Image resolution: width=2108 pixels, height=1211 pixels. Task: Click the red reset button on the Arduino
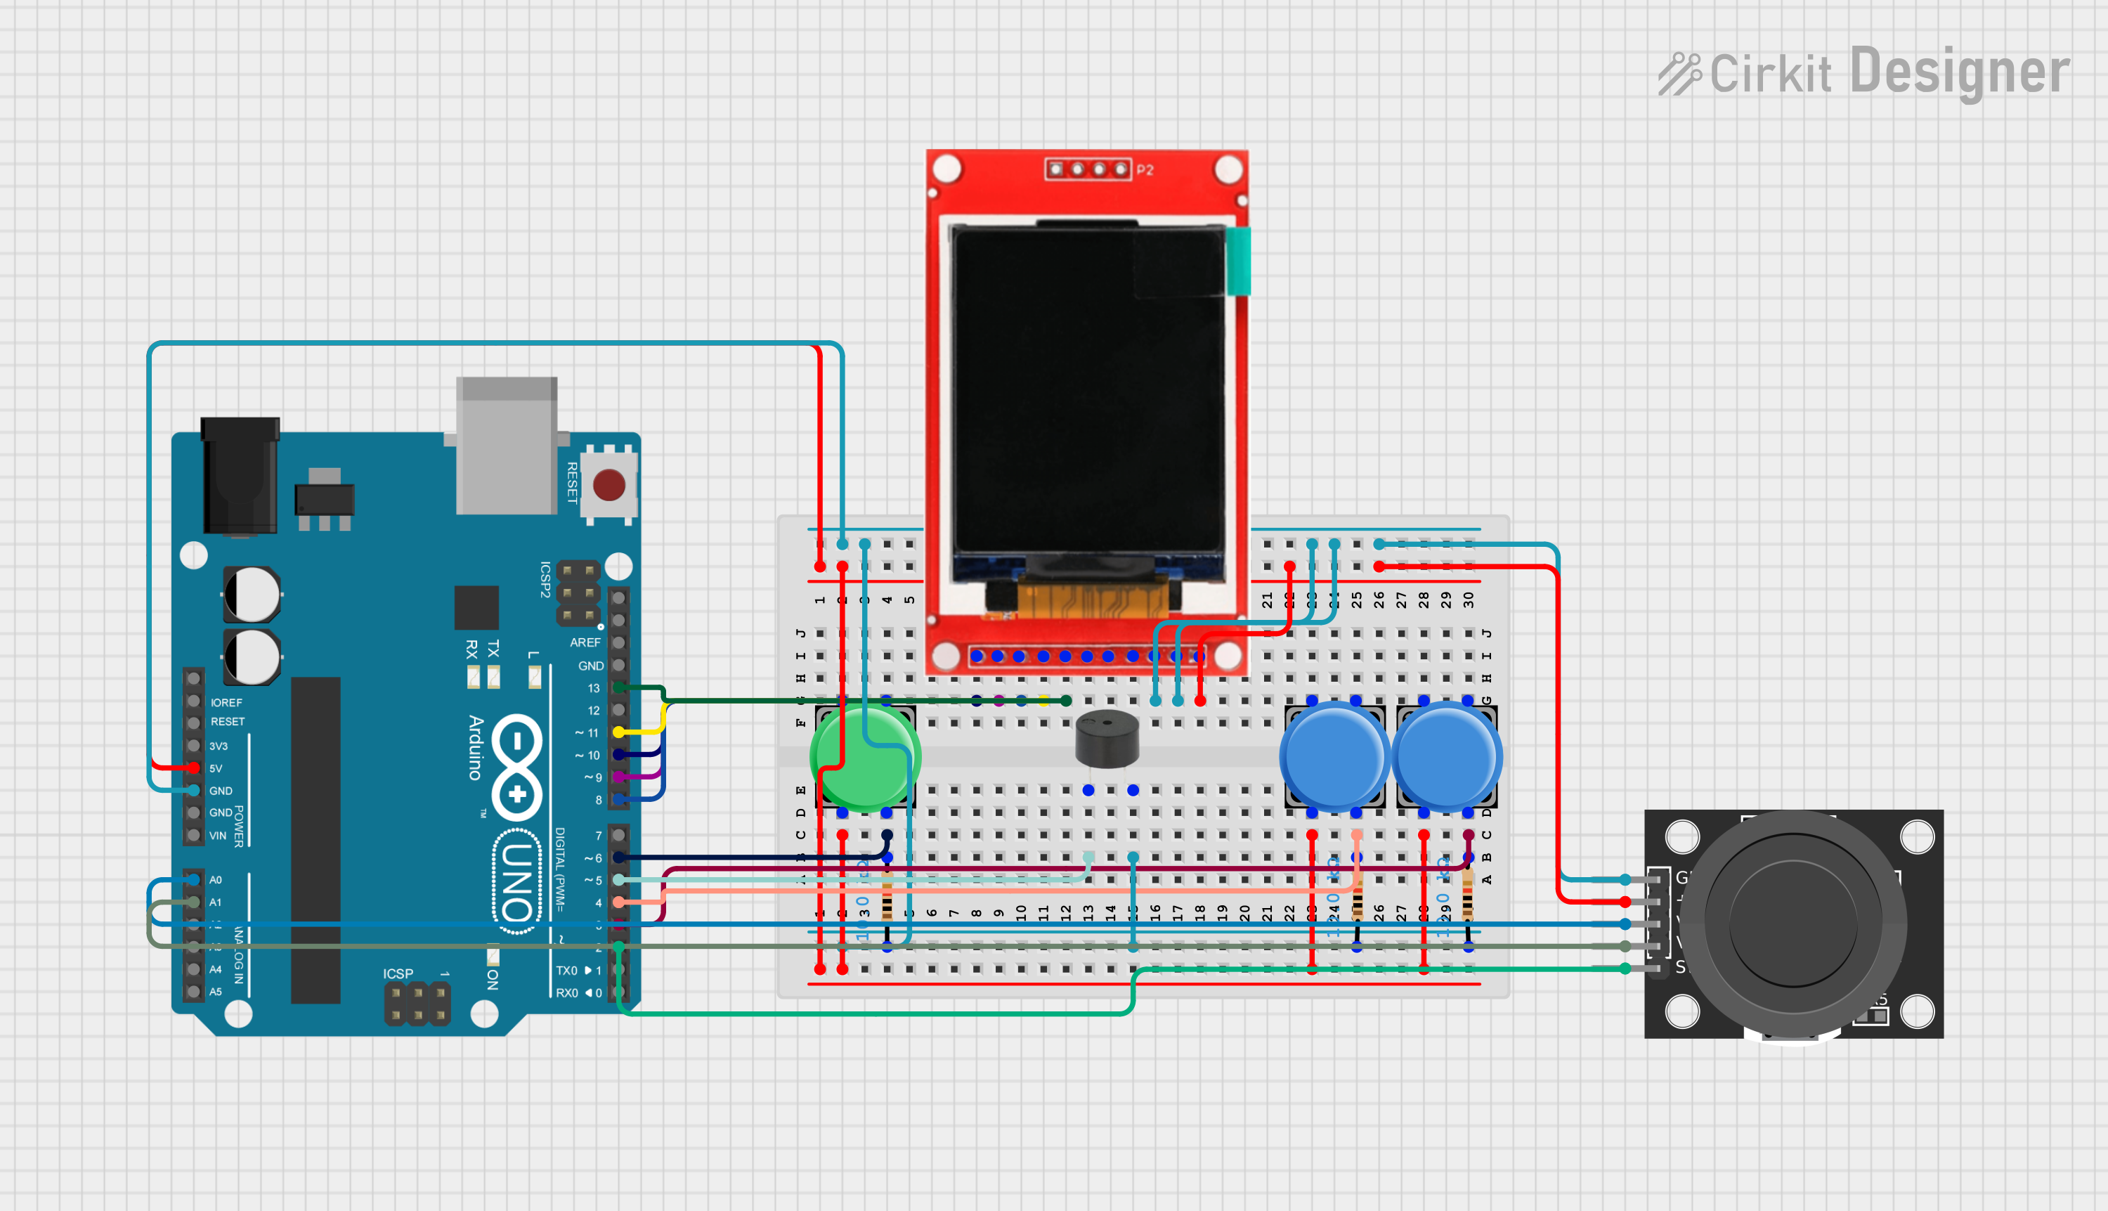pos(609,485)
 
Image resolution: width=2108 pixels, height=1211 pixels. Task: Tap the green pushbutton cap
pos(865,756)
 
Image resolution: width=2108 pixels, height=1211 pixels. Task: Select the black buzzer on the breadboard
pos(1107,739)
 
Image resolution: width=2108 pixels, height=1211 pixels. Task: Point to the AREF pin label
pos(585,642)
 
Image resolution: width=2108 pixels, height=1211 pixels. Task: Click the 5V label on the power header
pos(216,768)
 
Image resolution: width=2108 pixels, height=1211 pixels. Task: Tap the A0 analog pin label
pos(216,880)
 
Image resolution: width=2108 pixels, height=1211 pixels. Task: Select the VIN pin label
pos(217,836)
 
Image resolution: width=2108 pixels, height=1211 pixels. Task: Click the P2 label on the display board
pos(1145,169)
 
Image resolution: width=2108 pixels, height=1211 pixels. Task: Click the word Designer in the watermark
pos(1959,72)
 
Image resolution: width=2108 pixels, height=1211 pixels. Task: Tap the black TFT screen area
pos(1088,391)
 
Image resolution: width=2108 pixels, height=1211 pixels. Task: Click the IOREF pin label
pos(226,703)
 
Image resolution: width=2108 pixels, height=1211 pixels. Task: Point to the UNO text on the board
pos(517,881)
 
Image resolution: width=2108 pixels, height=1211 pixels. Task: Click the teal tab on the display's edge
pos(1238,260)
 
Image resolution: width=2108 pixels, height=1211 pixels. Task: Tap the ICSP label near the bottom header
pos(398,974)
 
